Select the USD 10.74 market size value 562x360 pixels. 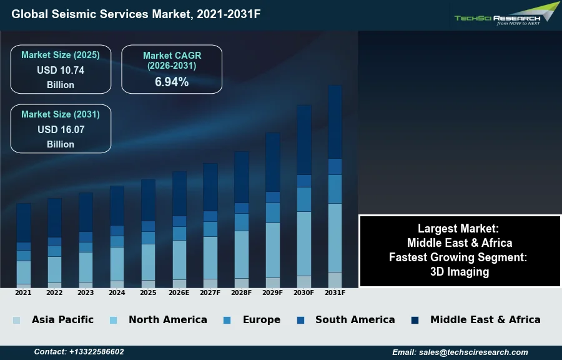pos(61,71)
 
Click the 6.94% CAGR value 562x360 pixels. pos(172,82)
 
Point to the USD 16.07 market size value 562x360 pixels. pos(61,130)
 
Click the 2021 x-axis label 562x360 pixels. pos(24,292)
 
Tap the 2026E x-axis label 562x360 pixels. pos(179,292)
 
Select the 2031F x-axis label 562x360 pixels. pos(335,292)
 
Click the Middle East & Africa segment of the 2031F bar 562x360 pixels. pos(335,122)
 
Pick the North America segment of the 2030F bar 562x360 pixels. pos(304,244)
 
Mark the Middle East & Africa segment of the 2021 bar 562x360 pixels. pos(24,222)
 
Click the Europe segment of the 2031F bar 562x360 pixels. pos(335,189)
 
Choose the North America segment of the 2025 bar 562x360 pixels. pos(148,262)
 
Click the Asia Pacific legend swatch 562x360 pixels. pos(16,320)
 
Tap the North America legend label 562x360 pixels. pos(167,319)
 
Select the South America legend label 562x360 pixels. pos(355,319)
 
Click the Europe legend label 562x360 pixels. pos(261,319)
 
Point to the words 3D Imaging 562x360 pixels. pos(460,272)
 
